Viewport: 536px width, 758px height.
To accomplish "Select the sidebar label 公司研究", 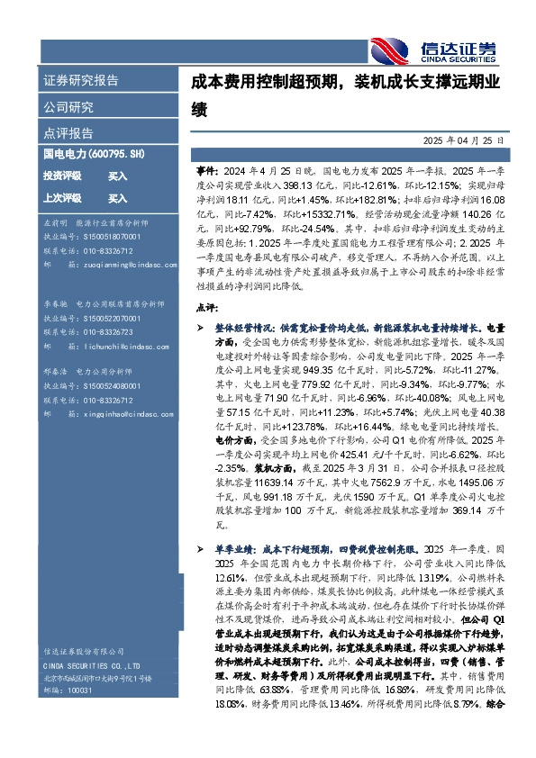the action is [68, 107].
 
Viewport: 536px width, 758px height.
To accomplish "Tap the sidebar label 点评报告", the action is [68, 133].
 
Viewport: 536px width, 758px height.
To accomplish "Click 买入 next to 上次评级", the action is [117, 198].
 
